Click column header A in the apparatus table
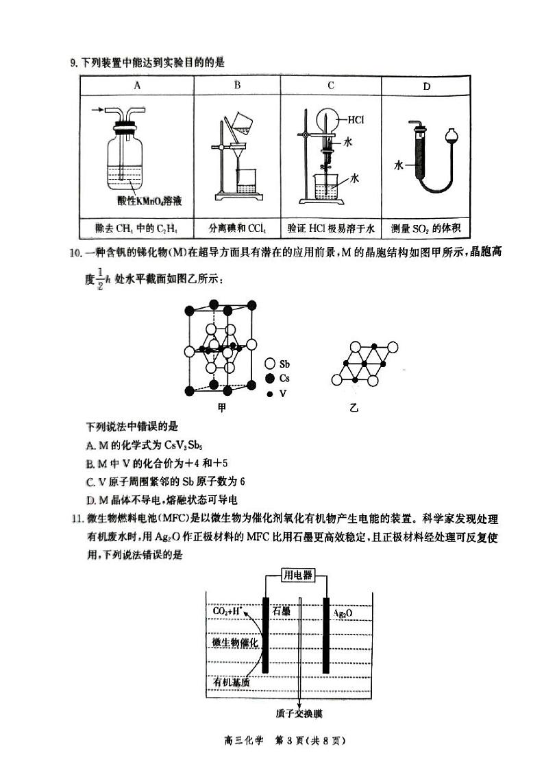pos(137,86)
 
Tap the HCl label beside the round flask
pos(356,119)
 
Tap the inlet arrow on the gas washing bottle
pos(99,108)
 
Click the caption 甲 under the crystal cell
pos(221,407)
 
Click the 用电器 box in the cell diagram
pos(297,575)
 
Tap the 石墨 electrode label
pos(282,610)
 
